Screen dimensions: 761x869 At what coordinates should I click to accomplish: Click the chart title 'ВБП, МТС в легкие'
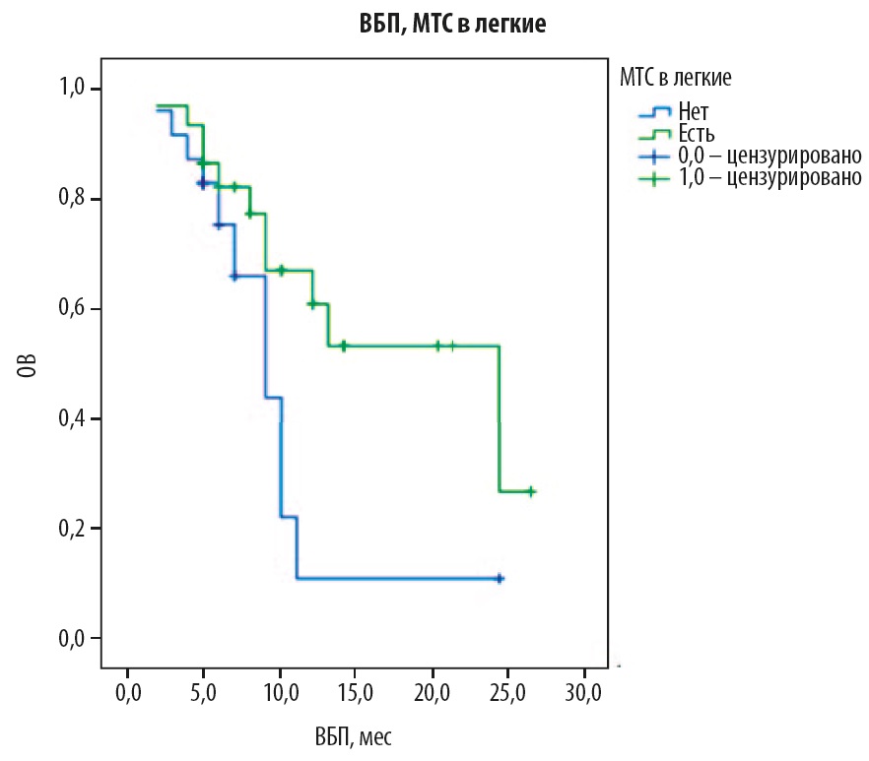(451, 27)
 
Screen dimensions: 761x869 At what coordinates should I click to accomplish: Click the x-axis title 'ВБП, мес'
(356, 735)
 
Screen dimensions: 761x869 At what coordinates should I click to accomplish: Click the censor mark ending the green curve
(530, 491)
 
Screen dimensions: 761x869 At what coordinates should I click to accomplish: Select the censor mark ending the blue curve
(500, 578)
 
